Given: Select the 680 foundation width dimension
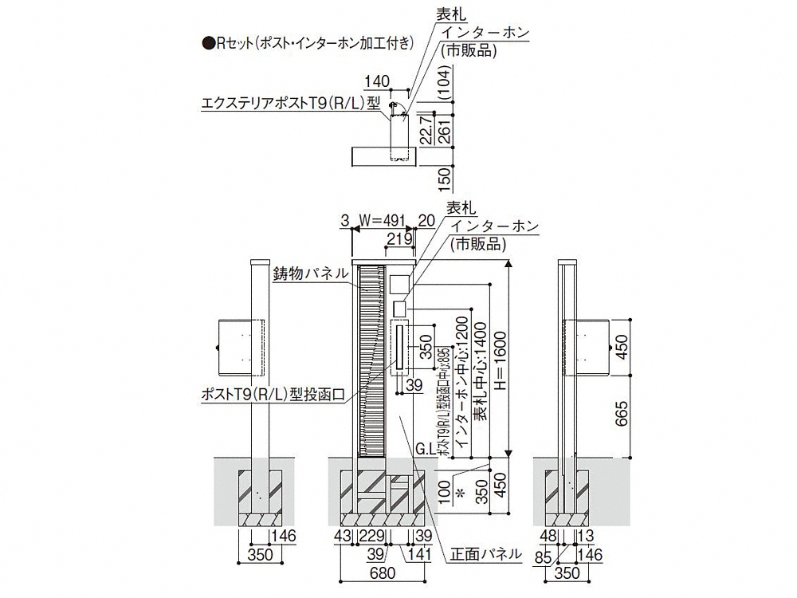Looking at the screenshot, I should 387,572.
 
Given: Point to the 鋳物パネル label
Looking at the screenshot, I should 311,273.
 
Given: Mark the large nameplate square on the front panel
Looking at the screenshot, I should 398,282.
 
